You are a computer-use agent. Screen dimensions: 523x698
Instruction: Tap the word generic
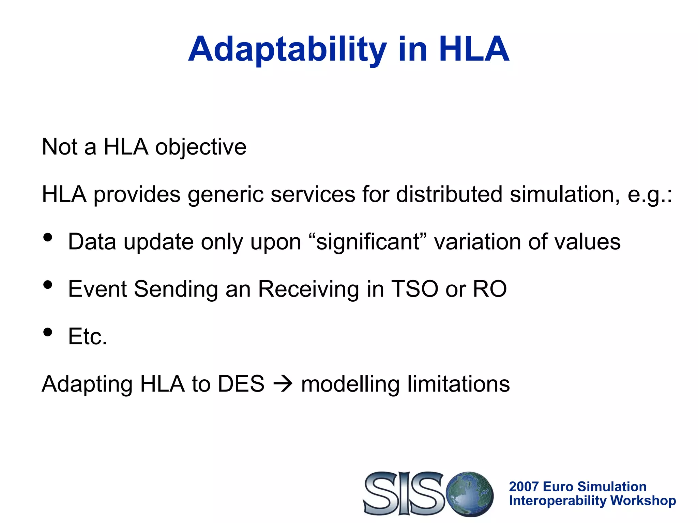[226, 194]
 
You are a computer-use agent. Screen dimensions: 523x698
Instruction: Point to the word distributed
[449, 194]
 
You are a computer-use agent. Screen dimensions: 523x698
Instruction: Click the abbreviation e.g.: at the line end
[650, 194]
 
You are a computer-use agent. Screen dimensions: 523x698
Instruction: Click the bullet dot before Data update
[48, 238]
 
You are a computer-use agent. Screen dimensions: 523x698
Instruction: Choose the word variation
[477, 242]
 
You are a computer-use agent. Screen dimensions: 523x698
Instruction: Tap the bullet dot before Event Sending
[48, 285]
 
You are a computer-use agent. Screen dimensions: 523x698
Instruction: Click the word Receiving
[308, 289]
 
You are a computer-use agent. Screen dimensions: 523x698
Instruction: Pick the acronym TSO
[414, 289]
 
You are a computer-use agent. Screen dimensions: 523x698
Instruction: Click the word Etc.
[88, 336]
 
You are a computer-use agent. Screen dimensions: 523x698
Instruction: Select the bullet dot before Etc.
[48, 332]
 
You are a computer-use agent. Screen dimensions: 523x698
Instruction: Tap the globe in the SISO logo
[470, 494]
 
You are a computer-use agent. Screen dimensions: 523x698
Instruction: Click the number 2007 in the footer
[523, 487]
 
